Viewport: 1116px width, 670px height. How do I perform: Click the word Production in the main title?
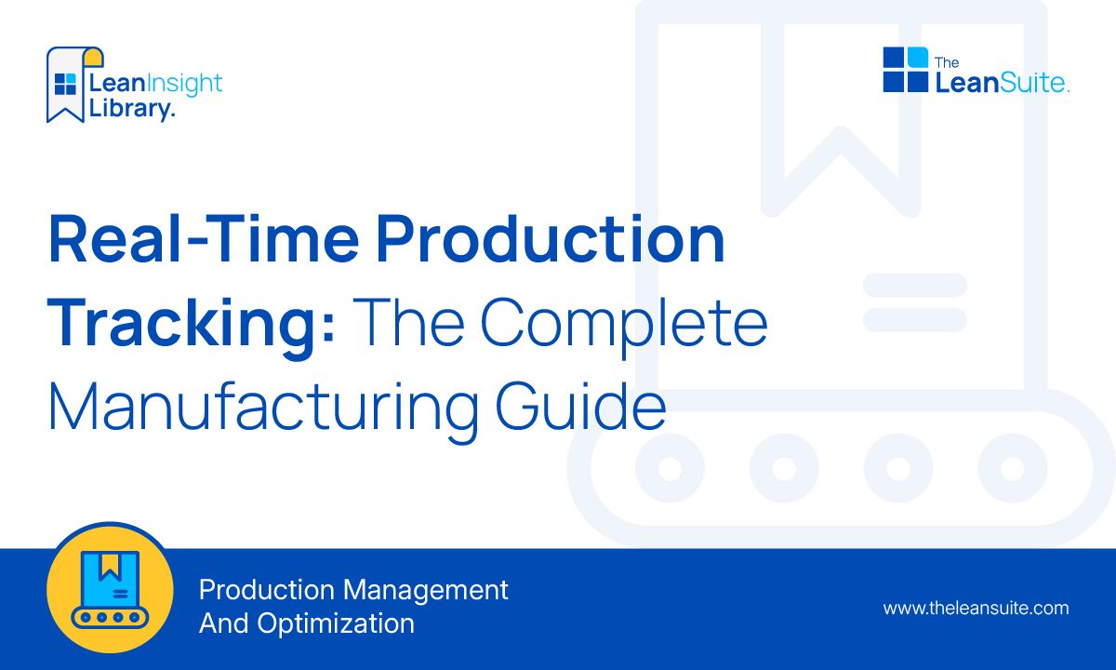551,238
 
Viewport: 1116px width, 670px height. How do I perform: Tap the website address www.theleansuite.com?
976,609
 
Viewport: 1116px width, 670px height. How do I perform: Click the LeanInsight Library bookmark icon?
67,84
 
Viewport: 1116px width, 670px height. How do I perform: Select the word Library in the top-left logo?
130,108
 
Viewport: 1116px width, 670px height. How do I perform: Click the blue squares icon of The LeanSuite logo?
905,70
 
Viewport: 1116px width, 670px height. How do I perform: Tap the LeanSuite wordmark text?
1001,83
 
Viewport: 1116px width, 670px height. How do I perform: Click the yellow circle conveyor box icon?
110,589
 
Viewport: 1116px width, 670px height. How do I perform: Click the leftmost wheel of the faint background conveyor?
669,468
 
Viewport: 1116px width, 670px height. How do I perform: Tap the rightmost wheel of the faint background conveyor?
1013,468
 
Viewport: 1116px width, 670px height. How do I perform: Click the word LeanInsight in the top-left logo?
155,84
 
